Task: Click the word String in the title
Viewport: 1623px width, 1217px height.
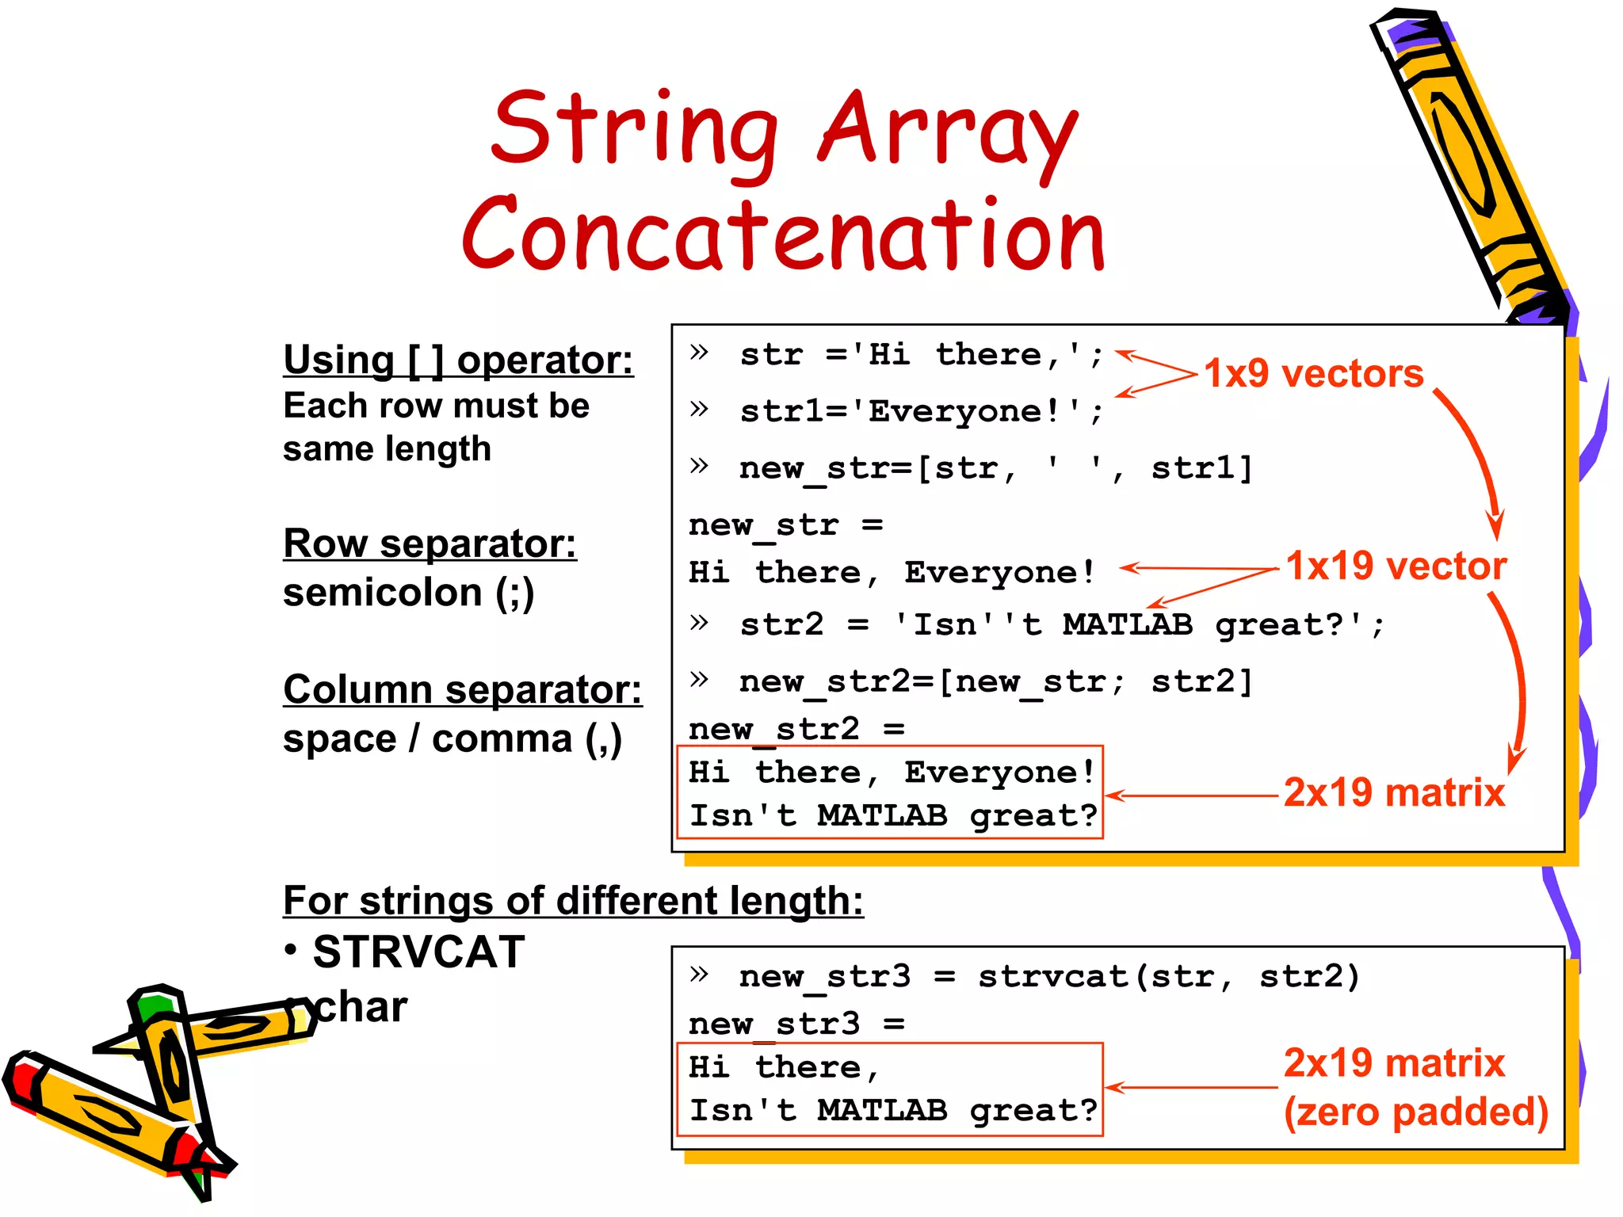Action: [x=634, y=131]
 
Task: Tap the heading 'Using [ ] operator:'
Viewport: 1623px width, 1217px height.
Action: [x=458, y=361]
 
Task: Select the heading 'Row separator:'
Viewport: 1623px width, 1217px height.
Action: [x=430, y=544]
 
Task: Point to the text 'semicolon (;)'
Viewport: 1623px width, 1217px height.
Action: [x=408, y=593]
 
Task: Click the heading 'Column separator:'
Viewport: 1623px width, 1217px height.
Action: [x=462, y=689]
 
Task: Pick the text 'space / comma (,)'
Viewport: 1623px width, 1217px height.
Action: [x=452, y=739]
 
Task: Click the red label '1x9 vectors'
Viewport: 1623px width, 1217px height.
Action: [x=1313, y=373]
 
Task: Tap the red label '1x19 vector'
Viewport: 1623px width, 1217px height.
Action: [x=1396, y=566]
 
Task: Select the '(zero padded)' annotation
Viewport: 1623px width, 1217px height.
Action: [x=1415, y=1112]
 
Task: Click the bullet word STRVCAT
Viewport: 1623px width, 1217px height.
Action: [x=418, y=952]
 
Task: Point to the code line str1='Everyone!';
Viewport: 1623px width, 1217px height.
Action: [x=919, y=412]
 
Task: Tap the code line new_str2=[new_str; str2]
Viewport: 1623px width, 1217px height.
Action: [x=995, y=682]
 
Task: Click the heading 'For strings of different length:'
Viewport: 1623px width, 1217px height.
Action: [x=572, y=901]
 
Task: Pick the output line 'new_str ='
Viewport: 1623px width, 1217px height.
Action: [x=785, y=525]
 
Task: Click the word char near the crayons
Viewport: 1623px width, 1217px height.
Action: [x=361, y=1008]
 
